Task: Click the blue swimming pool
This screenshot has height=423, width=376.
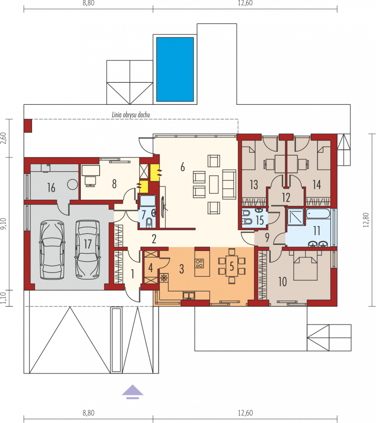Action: (175, 70)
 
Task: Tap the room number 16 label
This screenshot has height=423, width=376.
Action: (51, 188)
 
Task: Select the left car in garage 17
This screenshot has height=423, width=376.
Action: (52, 250)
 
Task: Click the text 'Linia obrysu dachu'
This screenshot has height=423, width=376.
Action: (131, 115)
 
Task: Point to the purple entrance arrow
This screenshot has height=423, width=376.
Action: (133, 392)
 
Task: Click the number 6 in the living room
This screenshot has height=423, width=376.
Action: (183, 167)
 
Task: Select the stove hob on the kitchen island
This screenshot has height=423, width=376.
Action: (200, 263)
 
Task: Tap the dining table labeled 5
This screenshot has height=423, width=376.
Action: (232, 266)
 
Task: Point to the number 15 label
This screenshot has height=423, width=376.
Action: (260, 220)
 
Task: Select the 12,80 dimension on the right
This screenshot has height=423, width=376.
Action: (366, 220)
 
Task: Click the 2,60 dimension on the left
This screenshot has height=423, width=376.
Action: (3, 138)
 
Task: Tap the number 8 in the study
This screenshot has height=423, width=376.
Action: (114, 184)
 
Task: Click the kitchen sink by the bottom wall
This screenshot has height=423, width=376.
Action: (189, 296)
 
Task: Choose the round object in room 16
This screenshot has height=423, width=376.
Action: (72, 185)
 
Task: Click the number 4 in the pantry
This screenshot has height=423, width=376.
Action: (150, 267)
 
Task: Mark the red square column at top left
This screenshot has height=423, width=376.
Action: (28, 125)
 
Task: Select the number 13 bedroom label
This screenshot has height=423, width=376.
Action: (254, 185)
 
